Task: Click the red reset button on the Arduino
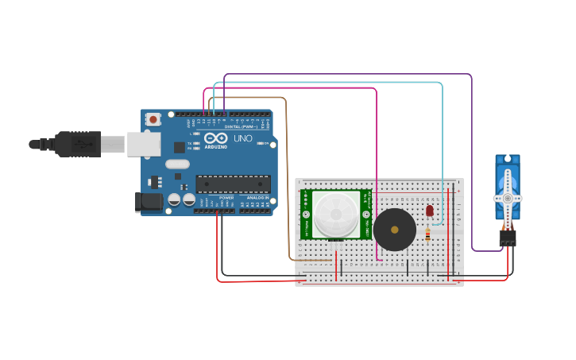tap(153, 119)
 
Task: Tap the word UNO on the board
tap(243, 138)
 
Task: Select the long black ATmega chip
tap(233, 184)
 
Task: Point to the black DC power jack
tap(148, 202)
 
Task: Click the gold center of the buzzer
tap(395, 230)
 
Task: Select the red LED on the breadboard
tap(429, 211)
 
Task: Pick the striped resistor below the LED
tap(427, 234)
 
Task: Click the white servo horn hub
tap(507, 197)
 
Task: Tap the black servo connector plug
tap(507, 237)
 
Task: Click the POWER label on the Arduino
tap(226, 198)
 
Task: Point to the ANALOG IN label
tap(257, 198)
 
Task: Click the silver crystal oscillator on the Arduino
tap(177, 165)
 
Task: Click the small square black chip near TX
tap(180, 147)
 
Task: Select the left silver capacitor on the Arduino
tap(174, 199)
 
